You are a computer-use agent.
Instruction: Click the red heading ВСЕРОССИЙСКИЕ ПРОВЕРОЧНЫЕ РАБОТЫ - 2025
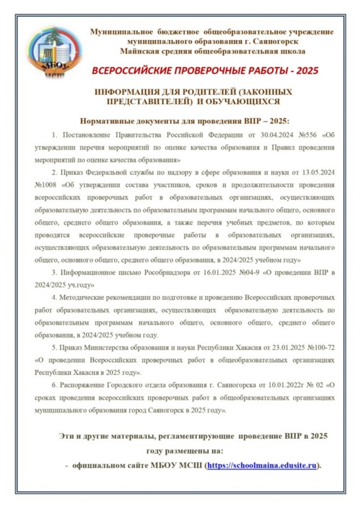point(206,70)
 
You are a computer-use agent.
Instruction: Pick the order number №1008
point(46,185)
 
